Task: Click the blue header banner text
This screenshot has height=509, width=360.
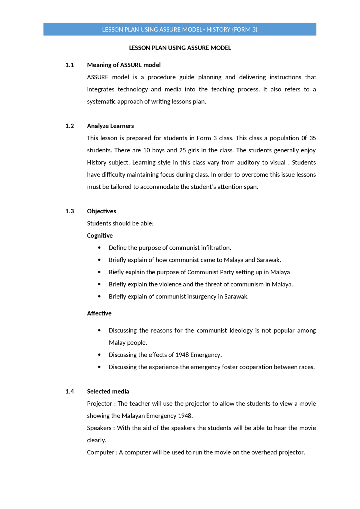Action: [x=179, y=30]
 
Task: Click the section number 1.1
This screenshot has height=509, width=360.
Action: [x=69, y=65]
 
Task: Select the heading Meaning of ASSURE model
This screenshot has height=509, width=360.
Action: [x=124, y=65]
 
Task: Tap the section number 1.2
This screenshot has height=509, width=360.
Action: [x=69, y=126]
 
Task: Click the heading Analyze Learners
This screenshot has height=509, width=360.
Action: [x=110, y=126]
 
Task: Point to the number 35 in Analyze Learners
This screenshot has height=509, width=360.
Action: [x=312, y=138]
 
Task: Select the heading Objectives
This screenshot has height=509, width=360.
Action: [x=101, y=211]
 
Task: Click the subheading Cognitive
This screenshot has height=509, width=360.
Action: [x=100, y=236]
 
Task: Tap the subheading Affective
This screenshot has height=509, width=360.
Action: [x=99, y=313]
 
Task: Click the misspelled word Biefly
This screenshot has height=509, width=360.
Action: [x=116, y=272]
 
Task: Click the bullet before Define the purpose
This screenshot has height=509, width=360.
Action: [x=99, y=248]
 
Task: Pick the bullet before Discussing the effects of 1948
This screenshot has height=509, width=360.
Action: [x=99, y=355]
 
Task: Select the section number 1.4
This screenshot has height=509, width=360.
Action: [x=69, y=392]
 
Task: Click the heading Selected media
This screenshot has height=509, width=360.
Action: [x=108, y=392]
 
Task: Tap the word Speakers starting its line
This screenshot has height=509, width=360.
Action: [x=99, y=428]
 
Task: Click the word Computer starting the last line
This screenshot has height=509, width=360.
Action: [x=100, y=453]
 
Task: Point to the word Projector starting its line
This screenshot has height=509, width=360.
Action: [x=99, y=404]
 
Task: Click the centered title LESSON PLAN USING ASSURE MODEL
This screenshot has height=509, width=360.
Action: [x=180, y=48]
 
